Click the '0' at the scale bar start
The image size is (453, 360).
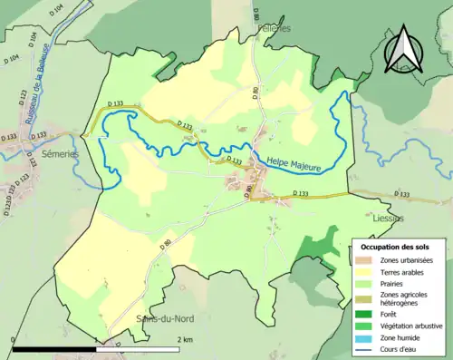pyautogui.click(x=13, y=339)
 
